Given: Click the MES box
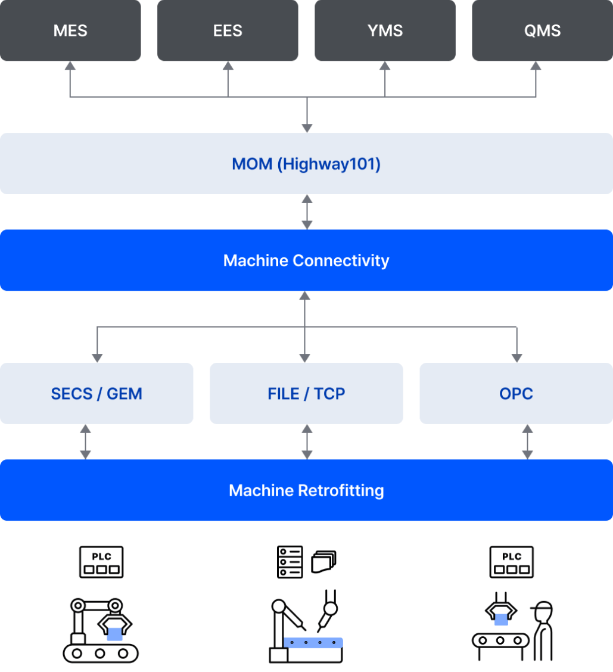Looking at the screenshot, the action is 70,30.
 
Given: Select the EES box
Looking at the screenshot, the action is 228,30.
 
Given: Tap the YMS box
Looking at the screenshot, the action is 385,30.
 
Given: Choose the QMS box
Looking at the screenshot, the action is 542,30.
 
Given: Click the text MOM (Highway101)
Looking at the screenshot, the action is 306,164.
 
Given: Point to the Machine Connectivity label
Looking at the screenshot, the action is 306,260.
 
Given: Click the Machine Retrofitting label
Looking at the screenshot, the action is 306,490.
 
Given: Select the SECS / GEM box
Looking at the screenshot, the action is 97,393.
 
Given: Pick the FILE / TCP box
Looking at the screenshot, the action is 306,393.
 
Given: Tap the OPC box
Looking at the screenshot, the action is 516,393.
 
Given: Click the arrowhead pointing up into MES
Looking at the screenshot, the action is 70,66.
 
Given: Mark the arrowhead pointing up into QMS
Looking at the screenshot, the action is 536,66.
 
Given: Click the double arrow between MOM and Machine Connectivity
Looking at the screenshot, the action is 307,211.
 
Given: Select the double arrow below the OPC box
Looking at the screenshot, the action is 528,442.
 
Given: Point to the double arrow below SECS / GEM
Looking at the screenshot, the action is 85,442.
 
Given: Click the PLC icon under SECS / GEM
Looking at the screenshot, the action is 101,562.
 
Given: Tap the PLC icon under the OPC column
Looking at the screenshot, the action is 511,562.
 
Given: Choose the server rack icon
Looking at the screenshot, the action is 290,562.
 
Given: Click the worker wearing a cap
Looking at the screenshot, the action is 543,631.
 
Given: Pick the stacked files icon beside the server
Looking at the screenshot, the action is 323,561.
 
